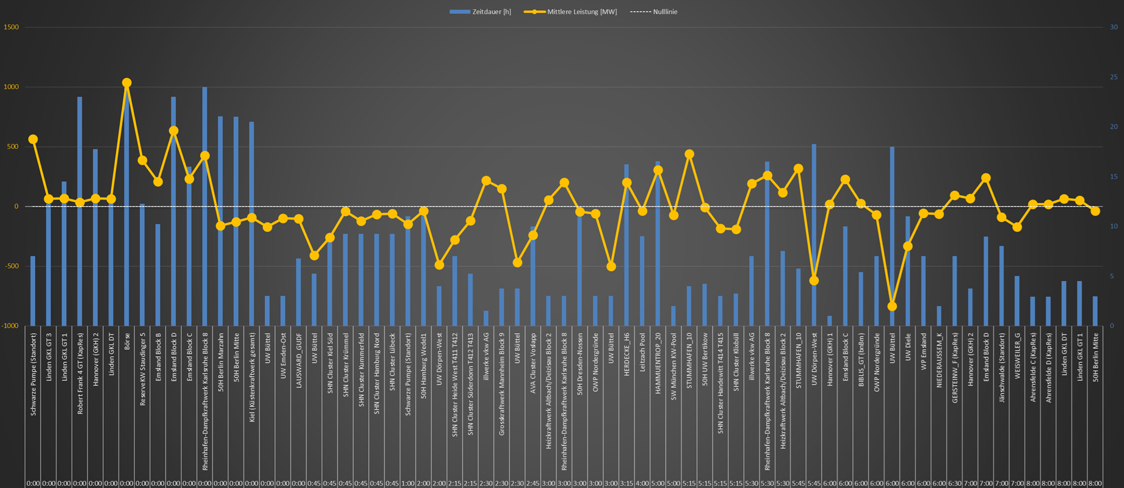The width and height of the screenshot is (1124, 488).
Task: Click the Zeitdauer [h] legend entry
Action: [x=480, y=12]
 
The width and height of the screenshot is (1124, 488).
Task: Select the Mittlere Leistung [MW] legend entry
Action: [x=571, y=12]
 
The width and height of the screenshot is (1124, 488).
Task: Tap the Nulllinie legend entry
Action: [x=654, y=12]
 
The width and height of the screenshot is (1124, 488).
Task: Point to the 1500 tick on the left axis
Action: [x=11, y=27]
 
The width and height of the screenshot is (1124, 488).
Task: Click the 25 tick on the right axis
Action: [x=1114, y=77]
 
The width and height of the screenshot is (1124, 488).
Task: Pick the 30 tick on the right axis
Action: [x=1114, y=27]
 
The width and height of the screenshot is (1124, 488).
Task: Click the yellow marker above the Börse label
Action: [x=126, y=83]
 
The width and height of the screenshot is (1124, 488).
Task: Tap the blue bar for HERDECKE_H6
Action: [x=626, y=244]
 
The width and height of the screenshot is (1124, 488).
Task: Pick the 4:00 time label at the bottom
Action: [x=642, y=483]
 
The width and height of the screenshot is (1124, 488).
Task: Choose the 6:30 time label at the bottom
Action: [x=954, y=483]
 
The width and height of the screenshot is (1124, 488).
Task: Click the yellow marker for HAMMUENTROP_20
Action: [x=658, y=171]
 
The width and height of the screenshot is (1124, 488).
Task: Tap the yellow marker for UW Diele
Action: [x=908, y=246]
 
